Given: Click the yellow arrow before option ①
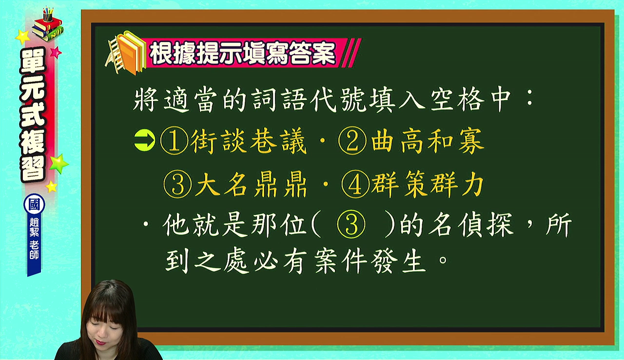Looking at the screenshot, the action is [145, 140].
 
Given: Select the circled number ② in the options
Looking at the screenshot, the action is [352, 141].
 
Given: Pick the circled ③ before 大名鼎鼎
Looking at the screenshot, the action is [178, 184].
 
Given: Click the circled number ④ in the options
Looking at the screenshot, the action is [355, 184].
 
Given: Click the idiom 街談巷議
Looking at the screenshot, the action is [249, 141].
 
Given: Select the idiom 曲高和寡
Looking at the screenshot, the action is [427, 141].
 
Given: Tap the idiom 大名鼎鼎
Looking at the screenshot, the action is [251, 184].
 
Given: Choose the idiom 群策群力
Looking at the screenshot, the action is [428, 184].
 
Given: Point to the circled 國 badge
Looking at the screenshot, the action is [34, 205].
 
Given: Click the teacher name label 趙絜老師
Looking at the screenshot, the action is [34, 238].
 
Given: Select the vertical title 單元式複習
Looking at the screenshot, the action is [33, 115].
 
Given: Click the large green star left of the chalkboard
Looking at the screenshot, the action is [58, 163].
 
